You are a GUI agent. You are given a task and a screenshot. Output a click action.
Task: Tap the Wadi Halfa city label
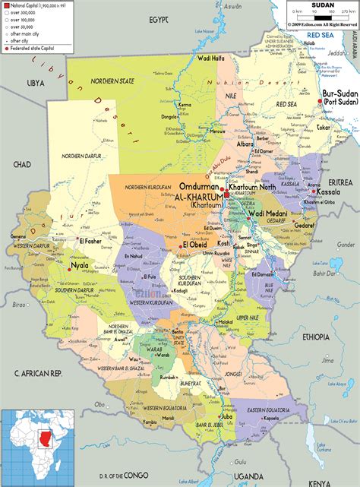tap(210, 59)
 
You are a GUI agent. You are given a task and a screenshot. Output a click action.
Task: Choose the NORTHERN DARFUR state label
tap(82, 156)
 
